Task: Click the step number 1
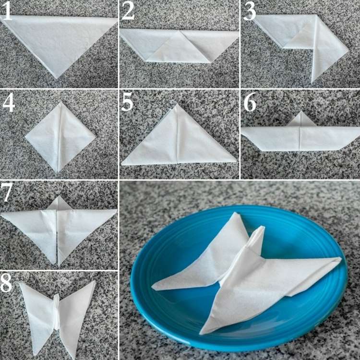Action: click(6, 11)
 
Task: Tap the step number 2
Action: click(128, 11)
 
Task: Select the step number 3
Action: click(250, 11)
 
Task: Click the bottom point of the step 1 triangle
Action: click(56, 78)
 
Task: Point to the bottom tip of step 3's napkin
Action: click(312, 83)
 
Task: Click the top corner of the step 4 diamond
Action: click(60, 103)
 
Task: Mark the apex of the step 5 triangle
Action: click(177, 105)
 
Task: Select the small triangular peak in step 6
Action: click(301, 120)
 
